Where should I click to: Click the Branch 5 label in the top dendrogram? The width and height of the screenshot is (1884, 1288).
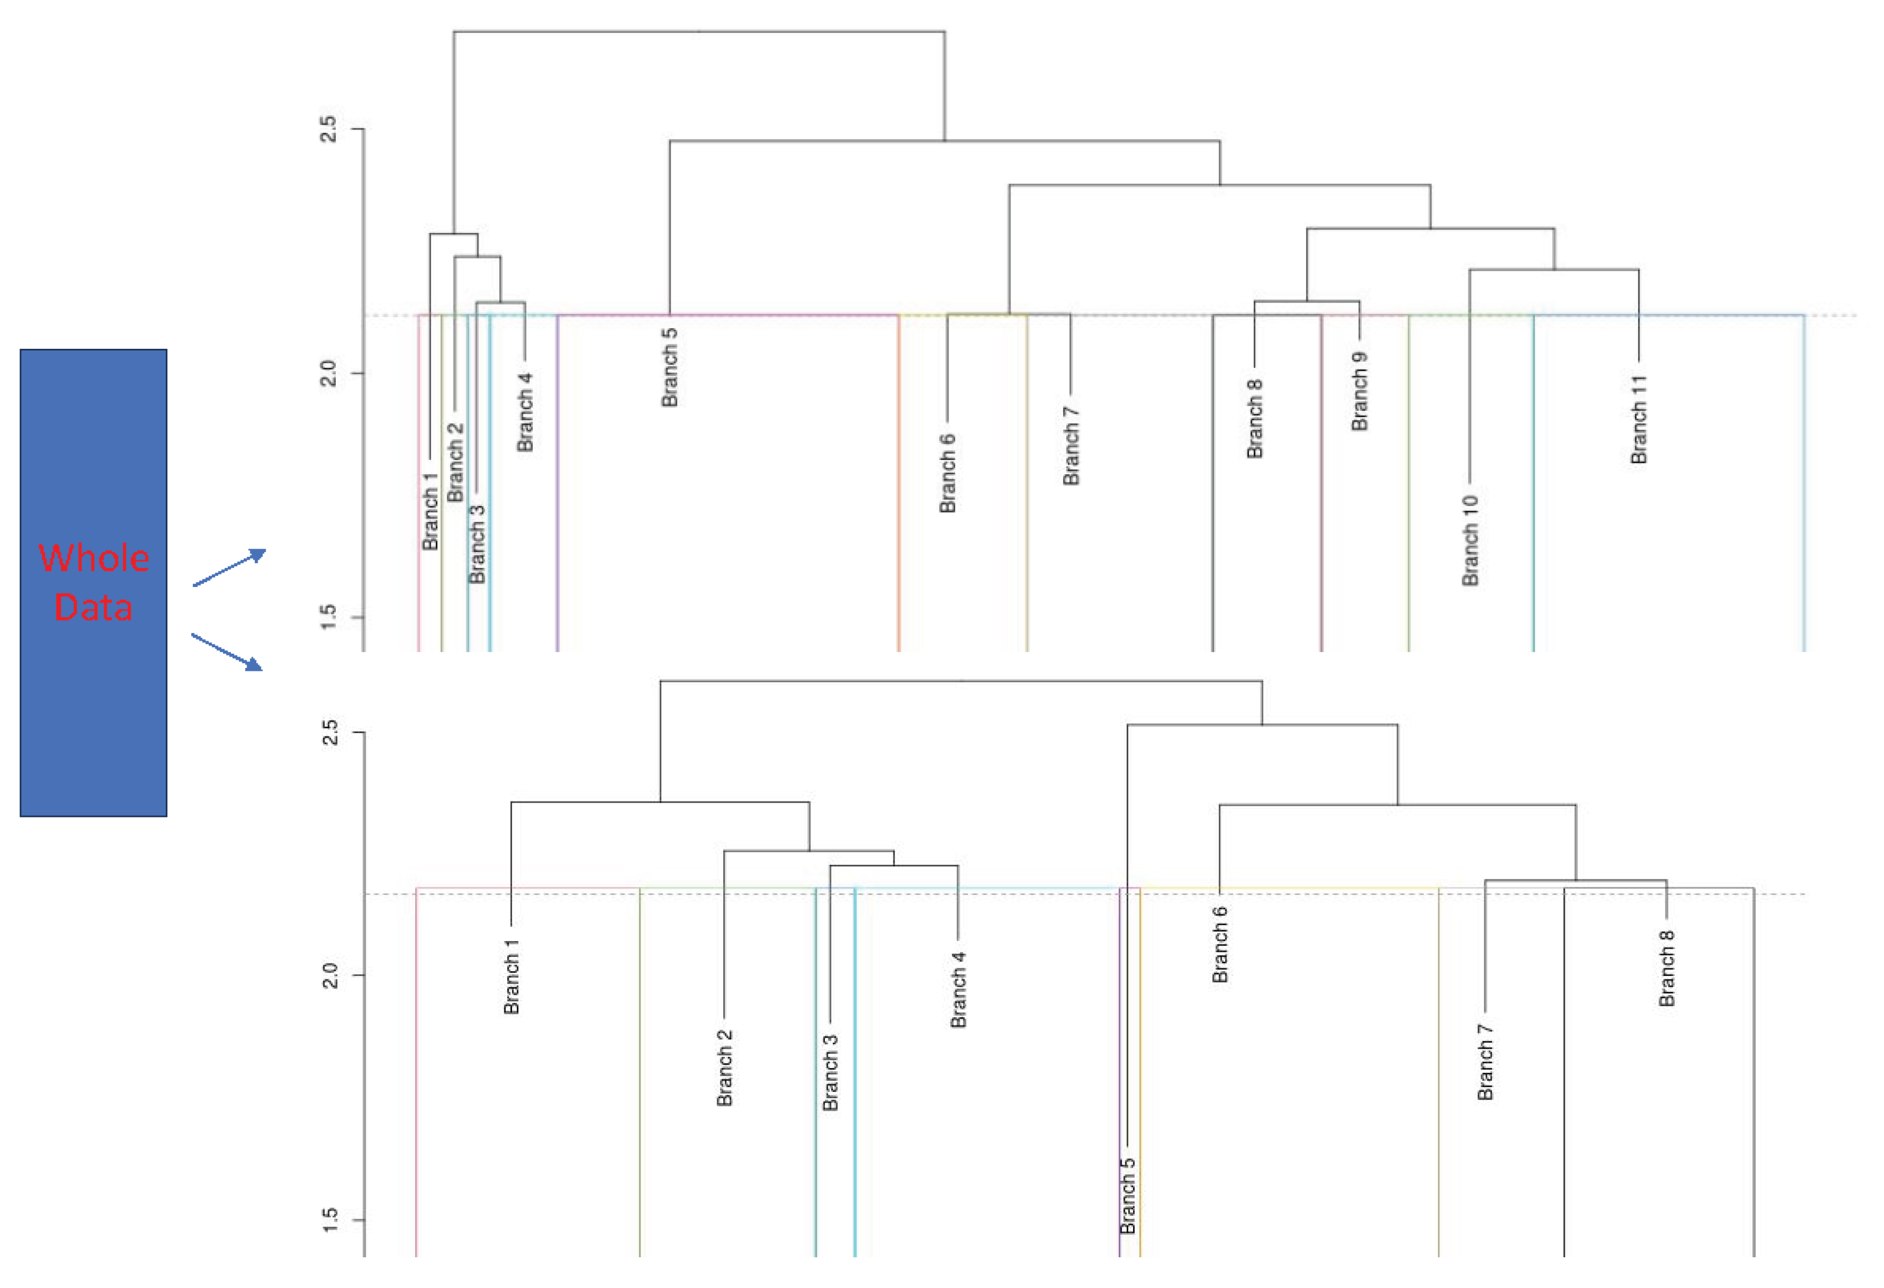pos(669,367)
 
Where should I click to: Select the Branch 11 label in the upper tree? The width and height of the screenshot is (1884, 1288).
pos(1639,419)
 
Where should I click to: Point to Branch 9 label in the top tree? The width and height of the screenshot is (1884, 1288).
pos(1359,391)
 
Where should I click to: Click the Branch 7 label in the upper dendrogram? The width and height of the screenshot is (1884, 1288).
pos(1071,446)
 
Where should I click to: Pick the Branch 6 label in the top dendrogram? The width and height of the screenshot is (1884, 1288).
pos(947,473)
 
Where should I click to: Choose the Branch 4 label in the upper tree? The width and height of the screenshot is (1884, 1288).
pos(525,412)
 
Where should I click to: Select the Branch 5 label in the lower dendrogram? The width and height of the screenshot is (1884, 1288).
pos(1128,1196)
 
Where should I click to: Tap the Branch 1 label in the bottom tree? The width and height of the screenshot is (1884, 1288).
pos(511,976)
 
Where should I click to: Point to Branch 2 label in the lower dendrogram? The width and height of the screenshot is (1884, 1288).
pos(724,1068)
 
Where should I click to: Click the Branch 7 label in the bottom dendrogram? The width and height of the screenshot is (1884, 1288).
pos(1484,1062)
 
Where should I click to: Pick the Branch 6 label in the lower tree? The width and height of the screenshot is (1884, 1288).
pos(1219,945)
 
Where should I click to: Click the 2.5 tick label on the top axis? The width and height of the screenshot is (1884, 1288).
pos(328,129)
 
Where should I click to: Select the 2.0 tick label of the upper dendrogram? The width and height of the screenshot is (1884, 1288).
pos(328,374)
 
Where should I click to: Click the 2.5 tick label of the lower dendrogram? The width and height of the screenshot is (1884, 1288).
pos(329,733)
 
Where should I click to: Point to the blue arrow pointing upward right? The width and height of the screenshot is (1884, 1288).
pos(229,567)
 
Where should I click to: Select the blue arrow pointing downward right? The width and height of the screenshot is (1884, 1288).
pos(227,653)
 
